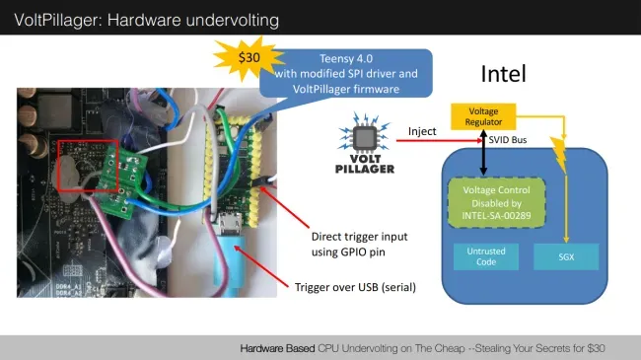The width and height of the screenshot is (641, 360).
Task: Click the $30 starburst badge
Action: click(x=249, y=57)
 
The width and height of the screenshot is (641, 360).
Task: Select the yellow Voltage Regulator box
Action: click(x=483, y=116)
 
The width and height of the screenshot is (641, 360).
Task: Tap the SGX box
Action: click(x=566, y=256)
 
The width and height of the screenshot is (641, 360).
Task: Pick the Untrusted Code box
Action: click(x=486, y=256)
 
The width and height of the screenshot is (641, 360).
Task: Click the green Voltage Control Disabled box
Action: click(x=497, y=202)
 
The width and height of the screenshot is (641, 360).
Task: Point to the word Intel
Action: click(x=503, y=74)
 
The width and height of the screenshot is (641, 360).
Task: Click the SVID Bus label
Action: click(x=508, y=140)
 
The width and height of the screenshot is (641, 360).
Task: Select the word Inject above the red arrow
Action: click(x=422, y=131)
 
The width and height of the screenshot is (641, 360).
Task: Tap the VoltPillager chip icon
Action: click(x=365, y=137)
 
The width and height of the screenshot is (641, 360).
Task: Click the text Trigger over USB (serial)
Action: click(x=355, y=287)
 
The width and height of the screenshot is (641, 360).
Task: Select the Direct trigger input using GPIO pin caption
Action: click(x=359, y=245)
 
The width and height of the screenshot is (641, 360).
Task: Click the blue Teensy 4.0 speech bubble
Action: click(x=346, y=74)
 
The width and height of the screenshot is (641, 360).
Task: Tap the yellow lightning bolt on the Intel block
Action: click(x=558, y=155)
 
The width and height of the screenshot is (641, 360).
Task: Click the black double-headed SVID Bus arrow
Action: click(x=483, y=153)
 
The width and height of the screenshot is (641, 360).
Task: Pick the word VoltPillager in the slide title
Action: click(x=58, y=20)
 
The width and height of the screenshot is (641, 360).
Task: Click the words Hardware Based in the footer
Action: click(x=277, y=348)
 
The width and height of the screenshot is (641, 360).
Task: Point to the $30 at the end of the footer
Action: click(x=596, y=348)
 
